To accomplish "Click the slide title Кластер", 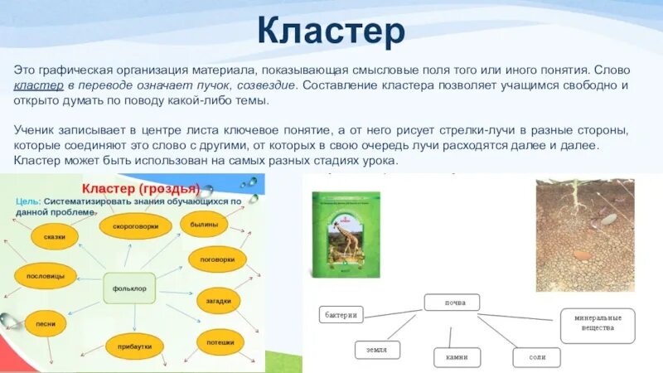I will click(x=331, y=30).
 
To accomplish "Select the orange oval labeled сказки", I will click(x=55, y=236).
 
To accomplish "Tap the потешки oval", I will click(x=220, y=342).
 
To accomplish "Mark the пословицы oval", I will click(x=41, y=276).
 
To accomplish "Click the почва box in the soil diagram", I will click(x=452, y=303).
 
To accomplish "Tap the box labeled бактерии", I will click(x=341, y=315).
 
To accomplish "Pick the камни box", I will click(x=457, y=357).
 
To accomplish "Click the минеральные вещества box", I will click(x=597, y=324).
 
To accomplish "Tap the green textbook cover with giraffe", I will click(x=345, y=235).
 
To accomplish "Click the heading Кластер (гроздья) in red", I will click(x=139, y=187).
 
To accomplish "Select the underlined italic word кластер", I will click(x=36, y=85).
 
